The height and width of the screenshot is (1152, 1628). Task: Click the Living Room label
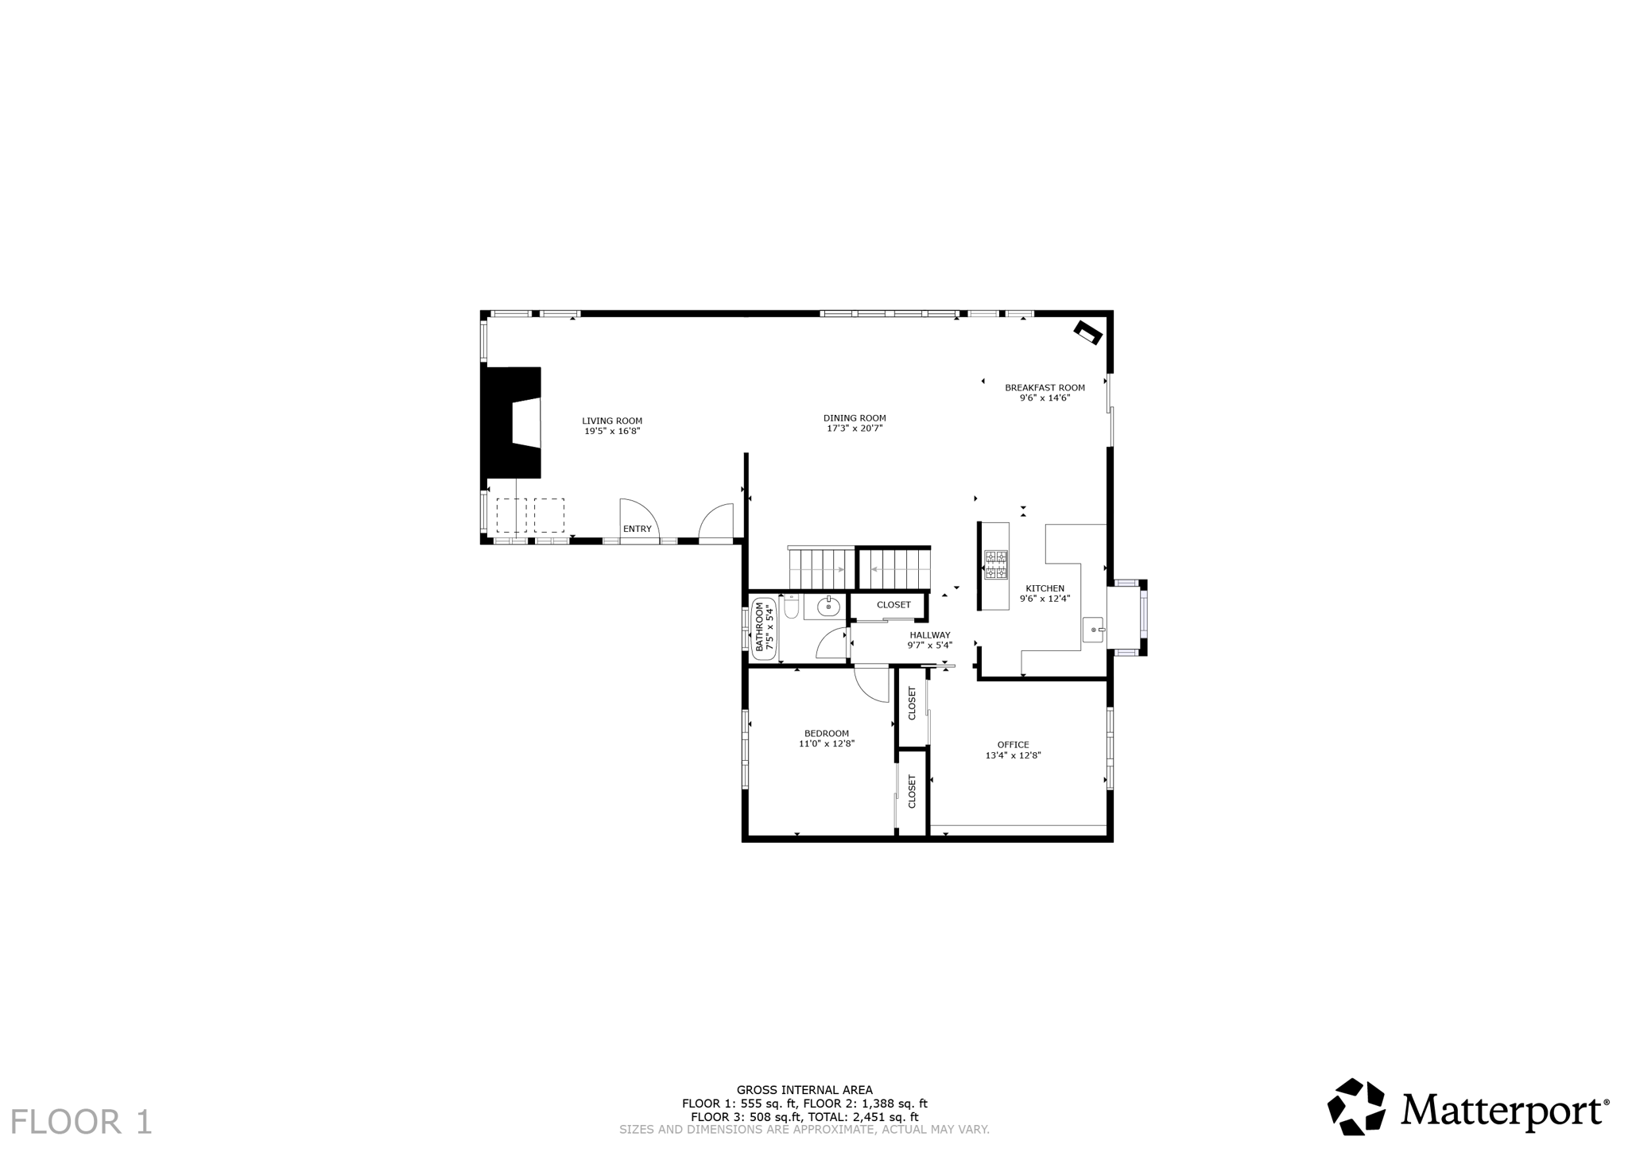(x=611, y=421)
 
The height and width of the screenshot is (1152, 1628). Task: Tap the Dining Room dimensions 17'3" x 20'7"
(x=855, y=429)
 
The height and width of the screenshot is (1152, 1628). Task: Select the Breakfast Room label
(x=1045, y=388)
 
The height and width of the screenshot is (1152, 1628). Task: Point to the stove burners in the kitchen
(x=995, y=564)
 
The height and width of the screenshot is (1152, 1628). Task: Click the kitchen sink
(x=1094, y=630)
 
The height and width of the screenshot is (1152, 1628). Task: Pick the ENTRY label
(x=637, y=529)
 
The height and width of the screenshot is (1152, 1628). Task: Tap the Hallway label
(x=930, y=635)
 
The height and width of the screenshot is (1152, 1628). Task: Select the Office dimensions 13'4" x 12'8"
(x=1013, y=756)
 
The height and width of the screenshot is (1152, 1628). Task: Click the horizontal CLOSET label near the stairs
(x=893, y=605)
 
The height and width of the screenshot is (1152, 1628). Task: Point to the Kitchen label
(x=1045, y=589)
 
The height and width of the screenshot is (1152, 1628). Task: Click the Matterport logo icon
(x=1357, y=1107)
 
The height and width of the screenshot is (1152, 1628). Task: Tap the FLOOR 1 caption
(x=81, y=1122)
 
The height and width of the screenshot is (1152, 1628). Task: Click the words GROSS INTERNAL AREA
(x=804, y=1090)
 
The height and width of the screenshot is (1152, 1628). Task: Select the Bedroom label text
(x=826, y=734)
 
